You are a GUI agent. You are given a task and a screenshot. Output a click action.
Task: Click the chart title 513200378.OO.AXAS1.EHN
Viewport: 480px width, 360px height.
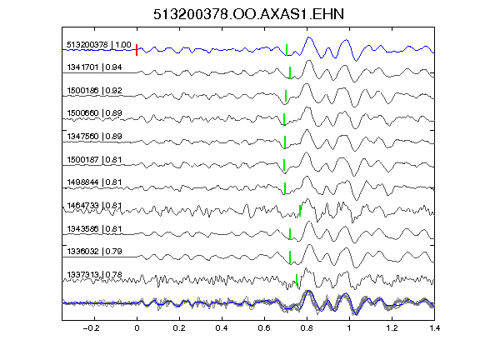[x=248, y=14]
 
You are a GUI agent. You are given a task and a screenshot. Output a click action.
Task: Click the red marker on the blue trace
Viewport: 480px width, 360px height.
[x=137, y=50]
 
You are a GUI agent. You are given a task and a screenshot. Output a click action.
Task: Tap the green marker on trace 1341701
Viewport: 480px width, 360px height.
[x=290, y=72]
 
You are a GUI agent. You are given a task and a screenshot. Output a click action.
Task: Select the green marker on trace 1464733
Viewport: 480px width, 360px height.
[x=300, y=211]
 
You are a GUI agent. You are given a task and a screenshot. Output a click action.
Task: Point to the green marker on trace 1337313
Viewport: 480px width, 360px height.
[x=297, y=280]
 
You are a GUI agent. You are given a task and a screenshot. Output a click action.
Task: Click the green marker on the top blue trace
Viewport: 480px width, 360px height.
[x=287, y=50]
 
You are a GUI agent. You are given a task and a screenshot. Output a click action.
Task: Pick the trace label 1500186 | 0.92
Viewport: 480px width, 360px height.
[x=95, y=91]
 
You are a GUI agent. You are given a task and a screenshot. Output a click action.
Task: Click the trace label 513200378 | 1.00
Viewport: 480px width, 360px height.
[x=99, y=45]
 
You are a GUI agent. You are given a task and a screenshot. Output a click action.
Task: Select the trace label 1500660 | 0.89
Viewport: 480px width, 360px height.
[x=95, y=113]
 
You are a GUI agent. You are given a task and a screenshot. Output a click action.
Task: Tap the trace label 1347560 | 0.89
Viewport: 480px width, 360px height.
[x=95, y=136]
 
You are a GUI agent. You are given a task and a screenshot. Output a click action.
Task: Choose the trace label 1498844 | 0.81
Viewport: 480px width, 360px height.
[x=95, y=182]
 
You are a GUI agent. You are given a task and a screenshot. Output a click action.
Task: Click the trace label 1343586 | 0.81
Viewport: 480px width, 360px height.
[x=95, y=229]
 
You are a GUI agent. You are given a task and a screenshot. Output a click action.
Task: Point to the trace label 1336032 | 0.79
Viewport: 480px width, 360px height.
[x=95, y=252]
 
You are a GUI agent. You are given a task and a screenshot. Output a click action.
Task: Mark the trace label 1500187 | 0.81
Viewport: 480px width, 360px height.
[x=95, y=160]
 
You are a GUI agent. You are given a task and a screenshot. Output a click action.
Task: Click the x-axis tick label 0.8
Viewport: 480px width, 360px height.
[x=307, y=328]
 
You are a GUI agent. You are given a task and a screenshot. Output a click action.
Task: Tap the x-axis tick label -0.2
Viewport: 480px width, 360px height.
[x=91, y=328]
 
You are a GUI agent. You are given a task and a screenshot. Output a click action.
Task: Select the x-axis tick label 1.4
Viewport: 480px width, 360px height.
[x=434, y=328]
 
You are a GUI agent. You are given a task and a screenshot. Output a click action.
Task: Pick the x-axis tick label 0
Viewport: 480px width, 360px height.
[x=137, y=328]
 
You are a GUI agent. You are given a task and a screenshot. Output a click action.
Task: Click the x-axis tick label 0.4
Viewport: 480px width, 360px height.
[x=222, y=328]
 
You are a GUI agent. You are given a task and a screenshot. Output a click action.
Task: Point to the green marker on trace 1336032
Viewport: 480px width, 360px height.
[x=290, y=257]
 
